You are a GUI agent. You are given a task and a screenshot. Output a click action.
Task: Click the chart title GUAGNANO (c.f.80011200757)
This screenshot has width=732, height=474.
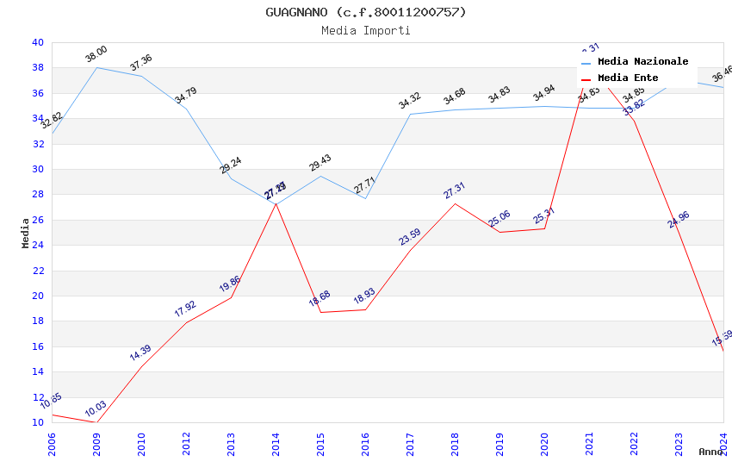pos(366,12)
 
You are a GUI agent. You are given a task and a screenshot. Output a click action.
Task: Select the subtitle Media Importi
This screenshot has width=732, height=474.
pos(366,30)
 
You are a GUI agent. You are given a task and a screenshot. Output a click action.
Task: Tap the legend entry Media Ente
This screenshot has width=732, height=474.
pos(627,78)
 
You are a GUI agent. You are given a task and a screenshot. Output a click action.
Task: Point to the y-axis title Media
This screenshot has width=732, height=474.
pos(26,233)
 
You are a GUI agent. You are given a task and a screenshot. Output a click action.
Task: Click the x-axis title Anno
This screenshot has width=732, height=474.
pos(710,452)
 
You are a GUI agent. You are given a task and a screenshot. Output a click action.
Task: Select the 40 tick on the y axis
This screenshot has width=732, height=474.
pos(37,42)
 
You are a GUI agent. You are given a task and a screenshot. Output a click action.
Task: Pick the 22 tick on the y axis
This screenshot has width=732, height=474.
pos(37,271)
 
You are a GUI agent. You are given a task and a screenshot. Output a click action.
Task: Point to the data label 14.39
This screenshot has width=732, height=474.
pos(140,352)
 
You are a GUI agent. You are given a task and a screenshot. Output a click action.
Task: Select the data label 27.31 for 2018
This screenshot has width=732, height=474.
pos(455,190)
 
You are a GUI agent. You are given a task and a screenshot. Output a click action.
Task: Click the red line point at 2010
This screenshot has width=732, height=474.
pos(141,367)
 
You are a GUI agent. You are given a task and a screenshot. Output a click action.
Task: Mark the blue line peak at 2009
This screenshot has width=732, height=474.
pos(96,67)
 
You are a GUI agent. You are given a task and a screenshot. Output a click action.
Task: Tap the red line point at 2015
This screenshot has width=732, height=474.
pos(320,312)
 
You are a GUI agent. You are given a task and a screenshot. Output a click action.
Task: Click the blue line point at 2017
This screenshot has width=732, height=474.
pos(410,115)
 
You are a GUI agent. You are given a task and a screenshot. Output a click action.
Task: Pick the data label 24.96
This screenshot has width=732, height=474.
pos(679,220)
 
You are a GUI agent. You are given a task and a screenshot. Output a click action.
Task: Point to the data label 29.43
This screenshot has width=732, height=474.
pos(320,163)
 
